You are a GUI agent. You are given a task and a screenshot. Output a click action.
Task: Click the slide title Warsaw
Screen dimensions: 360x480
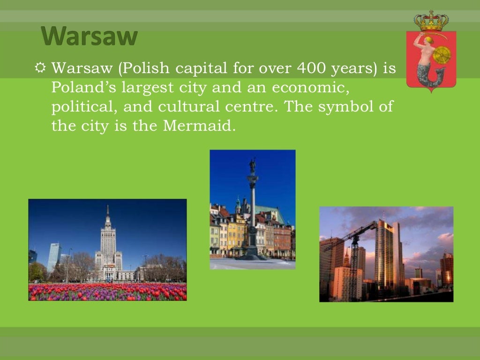coord(89,37)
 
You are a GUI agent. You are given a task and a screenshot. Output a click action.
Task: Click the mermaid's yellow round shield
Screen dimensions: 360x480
coord(441,55)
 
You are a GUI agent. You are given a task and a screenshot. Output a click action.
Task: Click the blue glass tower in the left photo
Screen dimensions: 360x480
coord(53,257)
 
